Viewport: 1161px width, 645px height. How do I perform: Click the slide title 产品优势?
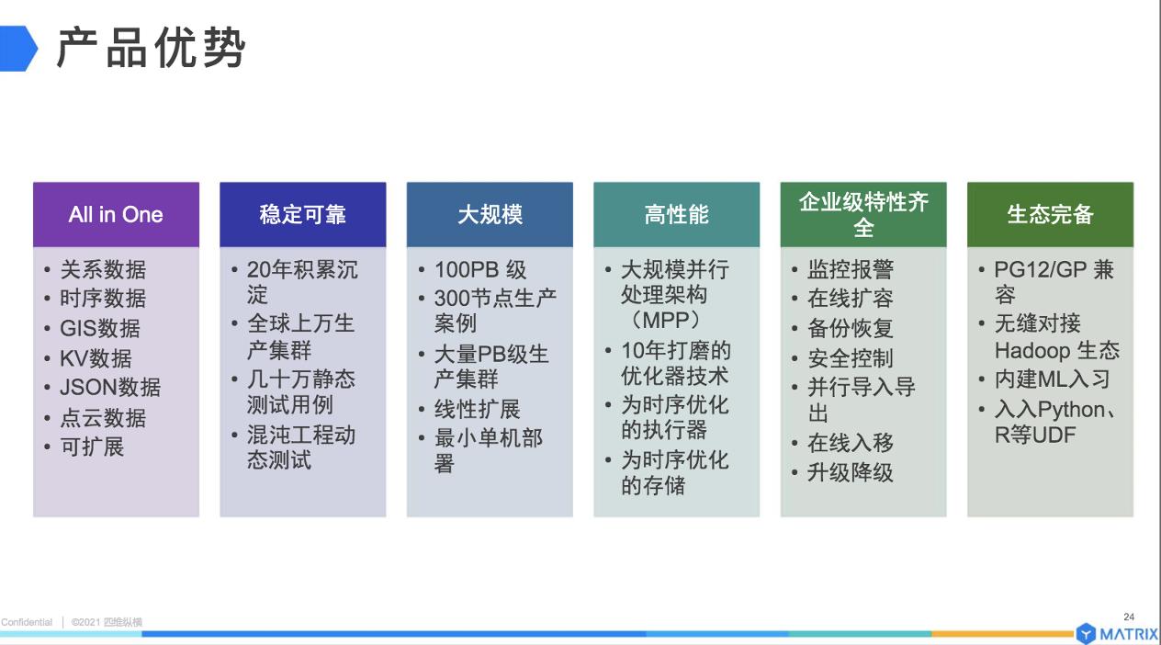151,48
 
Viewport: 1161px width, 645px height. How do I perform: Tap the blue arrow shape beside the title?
17,48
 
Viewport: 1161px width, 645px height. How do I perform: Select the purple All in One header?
116,214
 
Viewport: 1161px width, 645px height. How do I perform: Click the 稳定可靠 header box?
303,214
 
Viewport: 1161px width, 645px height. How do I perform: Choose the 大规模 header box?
490,214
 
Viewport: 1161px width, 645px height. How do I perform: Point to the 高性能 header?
676,214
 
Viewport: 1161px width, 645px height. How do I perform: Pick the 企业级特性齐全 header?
863,214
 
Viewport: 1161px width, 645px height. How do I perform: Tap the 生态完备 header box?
1050,214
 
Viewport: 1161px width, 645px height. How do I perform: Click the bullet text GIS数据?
100,328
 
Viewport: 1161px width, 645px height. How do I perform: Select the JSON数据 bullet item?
110,388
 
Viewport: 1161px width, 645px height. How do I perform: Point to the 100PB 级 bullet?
480,269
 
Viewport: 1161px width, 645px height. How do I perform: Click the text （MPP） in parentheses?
666,321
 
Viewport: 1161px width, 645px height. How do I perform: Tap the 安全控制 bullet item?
851,358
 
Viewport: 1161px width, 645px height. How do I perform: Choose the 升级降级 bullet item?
851,472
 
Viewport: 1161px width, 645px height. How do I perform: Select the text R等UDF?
1035,435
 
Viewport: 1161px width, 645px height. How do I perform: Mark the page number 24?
1129,617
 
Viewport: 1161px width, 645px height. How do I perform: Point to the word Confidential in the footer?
27,622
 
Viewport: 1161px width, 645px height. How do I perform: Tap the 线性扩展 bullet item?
478,410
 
